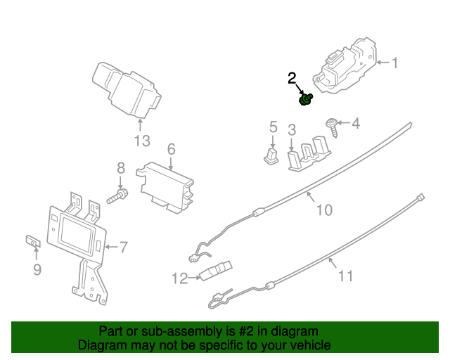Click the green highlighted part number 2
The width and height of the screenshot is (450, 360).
tap(306, 101)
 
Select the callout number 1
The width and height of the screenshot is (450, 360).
tap(394, 63)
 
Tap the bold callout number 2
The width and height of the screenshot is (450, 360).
tap(292, 79)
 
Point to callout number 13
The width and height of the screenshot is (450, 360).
tap(142, 141)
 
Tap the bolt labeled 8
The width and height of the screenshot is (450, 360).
tap(117, 196)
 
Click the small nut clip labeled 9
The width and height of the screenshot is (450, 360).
tap(33, 242)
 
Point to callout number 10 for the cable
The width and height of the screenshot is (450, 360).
tap(323, 210)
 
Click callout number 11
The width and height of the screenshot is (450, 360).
tap(345, 276)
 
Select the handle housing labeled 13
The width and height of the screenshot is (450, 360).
tap(125, 88)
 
